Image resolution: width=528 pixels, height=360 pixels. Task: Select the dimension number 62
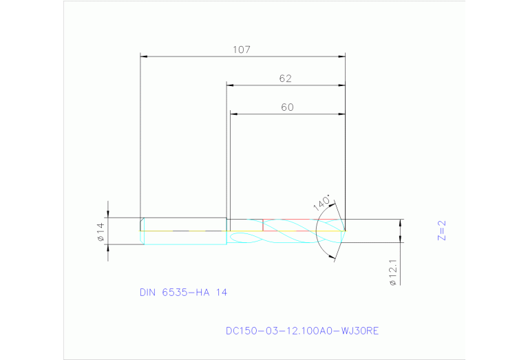coord(285,78)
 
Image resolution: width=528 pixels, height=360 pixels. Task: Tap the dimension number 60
coord(287,107)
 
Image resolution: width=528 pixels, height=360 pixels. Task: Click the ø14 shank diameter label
coord(100,231)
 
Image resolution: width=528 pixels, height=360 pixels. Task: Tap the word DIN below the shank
coord(147,293)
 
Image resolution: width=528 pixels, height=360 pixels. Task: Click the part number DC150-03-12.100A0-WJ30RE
coord(302,331)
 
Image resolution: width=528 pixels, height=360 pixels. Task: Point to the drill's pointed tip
coord(344,230)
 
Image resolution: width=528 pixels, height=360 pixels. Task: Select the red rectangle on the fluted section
coord(303,225)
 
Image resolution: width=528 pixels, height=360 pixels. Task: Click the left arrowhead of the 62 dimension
coord(231,86)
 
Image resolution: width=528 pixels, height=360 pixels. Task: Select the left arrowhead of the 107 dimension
coord(144,56)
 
